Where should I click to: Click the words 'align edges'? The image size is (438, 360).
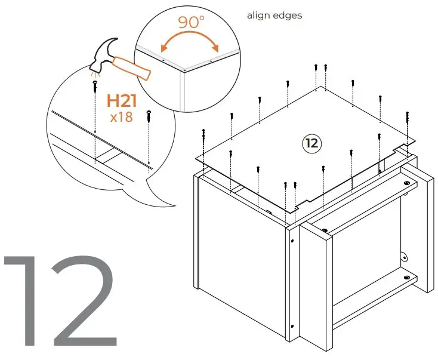(274, 16)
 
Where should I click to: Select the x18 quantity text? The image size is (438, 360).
(122, 116)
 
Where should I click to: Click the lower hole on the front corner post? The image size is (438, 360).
(292, 326)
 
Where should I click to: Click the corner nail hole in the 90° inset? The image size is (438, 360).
(184, 70)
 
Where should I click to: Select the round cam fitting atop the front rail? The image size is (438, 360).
(324, 230)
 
